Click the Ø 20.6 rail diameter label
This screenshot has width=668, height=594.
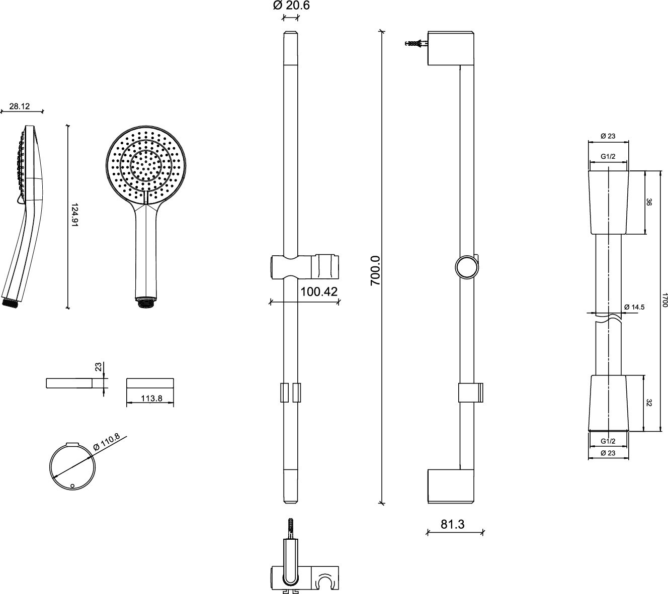(291, 6)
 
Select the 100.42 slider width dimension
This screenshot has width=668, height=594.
(318, 291)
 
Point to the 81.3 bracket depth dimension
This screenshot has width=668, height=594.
(453, 524)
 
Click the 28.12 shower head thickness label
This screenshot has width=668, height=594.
(20, 106)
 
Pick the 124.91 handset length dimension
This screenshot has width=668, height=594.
(75, 216)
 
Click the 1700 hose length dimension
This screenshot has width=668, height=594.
(664, 302)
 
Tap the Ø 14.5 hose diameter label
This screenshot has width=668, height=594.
(634, 307)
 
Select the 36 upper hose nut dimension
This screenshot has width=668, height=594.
(649, 202)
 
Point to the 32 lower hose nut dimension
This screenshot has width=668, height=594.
(649, 403)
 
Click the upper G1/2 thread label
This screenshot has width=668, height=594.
(608, 157)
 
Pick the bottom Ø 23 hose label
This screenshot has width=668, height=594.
(608, 453)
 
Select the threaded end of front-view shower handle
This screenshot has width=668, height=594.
(145, 303)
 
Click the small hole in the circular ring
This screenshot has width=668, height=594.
(72, 486)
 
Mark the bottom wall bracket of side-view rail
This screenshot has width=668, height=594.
(450, 486)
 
